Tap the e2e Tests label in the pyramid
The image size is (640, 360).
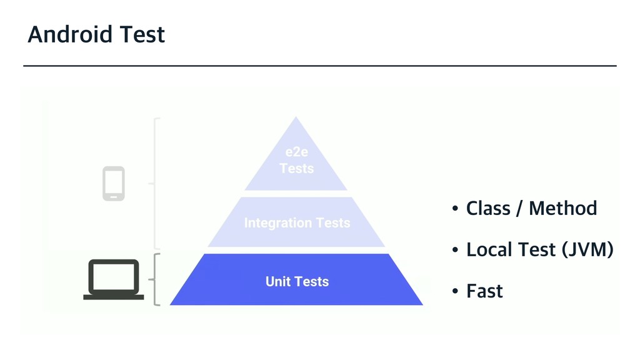point(296,161)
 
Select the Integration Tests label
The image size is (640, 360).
point(297,222)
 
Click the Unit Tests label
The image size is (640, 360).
point(297,281)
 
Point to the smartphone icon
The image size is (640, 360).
point(113,184)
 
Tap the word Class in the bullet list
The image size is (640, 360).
point(488,208)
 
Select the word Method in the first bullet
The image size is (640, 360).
point(562,208)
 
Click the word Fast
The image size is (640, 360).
point(484,291)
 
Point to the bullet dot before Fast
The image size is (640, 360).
point(456,292)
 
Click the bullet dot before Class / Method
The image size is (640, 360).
point(456,209)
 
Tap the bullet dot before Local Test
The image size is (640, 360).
point(456,251)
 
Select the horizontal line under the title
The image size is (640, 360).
point(320,65)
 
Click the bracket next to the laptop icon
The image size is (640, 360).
point(155,279)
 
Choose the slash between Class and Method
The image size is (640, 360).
point(519,209)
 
